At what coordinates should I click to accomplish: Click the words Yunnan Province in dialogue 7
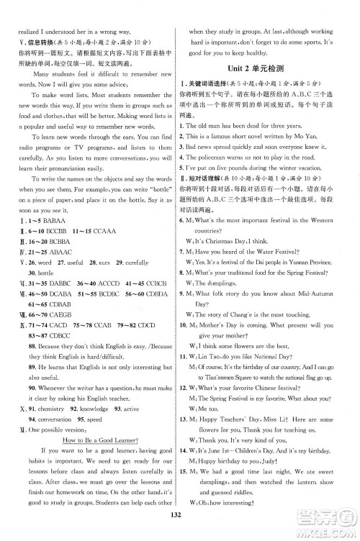tap(306, 262)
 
